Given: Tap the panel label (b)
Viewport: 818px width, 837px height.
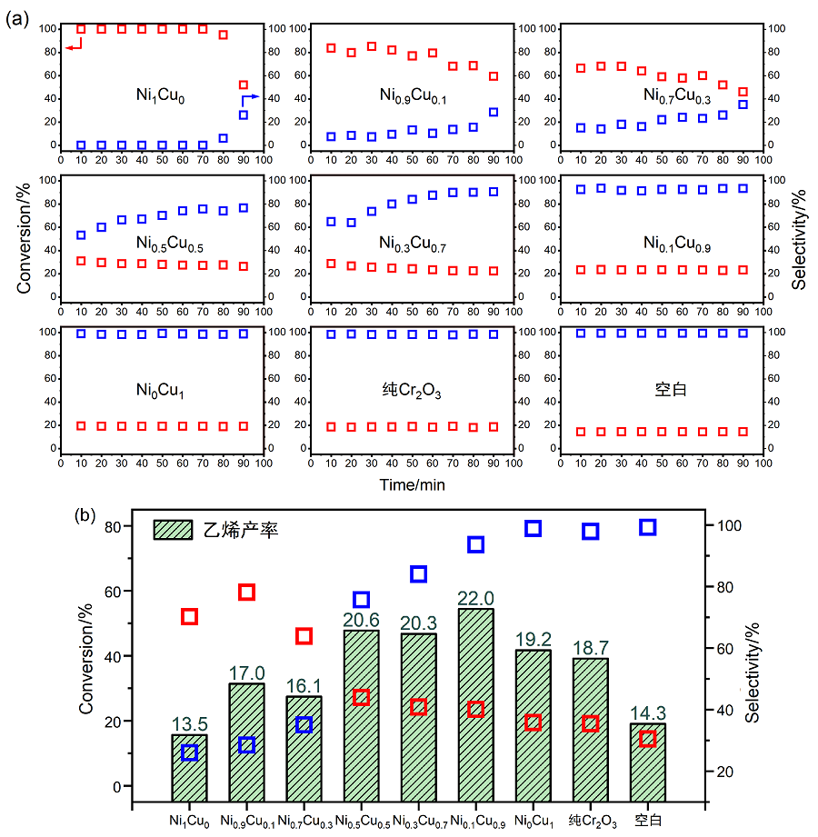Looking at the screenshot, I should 86,515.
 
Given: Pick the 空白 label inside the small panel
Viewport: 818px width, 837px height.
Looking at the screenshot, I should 670,390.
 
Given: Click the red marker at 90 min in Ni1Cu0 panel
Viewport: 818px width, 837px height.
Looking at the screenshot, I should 244,85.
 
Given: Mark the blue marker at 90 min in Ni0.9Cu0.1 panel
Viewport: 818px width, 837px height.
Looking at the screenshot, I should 494,113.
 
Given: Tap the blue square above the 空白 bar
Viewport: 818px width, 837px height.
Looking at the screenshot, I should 648,527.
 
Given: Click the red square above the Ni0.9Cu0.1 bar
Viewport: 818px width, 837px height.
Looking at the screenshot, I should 246,593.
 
